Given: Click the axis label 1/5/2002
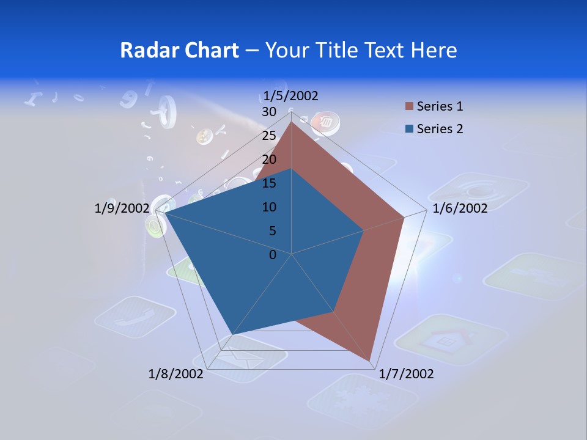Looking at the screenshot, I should [x=291, y=95].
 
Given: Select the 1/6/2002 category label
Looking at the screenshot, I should [x=460, y=209].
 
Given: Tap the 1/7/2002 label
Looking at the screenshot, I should [x=406, y=374].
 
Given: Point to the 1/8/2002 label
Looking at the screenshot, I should [x=176, y=374].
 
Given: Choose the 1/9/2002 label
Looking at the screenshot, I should [x=122, y=209].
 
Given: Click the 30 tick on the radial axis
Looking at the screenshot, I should [x=269, y=112].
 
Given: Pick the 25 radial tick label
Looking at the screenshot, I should [x=269, y=136].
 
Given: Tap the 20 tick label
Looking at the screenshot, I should [x=269, y=159].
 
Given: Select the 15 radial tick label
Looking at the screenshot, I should [x=269, y=183].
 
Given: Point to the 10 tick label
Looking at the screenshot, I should [x=269, y=207].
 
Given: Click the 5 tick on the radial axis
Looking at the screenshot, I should [x=273, y=231].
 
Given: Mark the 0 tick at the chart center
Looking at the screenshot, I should [x=273, y=255].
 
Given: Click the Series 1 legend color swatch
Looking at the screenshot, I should [x=409, y=107].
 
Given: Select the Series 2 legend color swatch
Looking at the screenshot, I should [x=409, y=129].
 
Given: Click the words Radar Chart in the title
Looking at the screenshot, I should [x=179, y=50].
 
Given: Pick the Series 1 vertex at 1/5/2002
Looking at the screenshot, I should [x=291, y=122].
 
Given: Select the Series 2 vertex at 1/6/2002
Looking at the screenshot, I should [x=364, y=230].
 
